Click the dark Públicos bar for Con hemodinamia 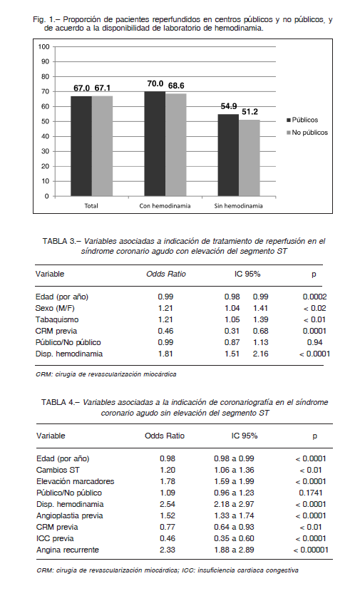[x=155, y=144]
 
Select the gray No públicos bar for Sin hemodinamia [x=249, y=158]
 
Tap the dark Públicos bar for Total [x=81, y=146]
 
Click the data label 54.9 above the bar [x=229, y=106]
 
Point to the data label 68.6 [x=176, y=86]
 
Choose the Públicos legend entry [x=302, y=120]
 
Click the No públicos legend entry [x=307, y=133]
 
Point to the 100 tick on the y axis [x=43, y=47]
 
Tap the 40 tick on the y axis [x=45, y=136]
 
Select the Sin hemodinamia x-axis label [x=238, y=206]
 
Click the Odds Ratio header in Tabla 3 [x=166, y=274]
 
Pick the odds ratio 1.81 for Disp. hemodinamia [x=165, y=354]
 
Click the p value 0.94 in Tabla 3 [x=315, y=342]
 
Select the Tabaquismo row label [x=57, y=319]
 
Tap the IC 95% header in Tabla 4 [x=245, y=436]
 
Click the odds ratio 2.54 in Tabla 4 [x=168, y=504]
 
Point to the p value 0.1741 [x=311, y=493]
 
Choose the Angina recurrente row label [x=68, y=550]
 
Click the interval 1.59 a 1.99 [x=234, y=481]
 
